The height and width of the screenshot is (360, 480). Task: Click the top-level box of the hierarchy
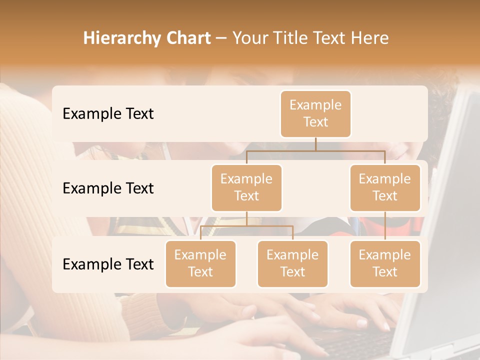(315, 113)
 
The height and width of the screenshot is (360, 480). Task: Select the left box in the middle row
(246, 187)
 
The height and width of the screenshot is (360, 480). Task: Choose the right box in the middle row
(385, 187)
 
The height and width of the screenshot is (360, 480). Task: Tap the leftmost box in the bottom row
(200, 263)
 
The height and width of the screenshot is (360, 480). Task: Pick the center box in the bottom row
(292, 263)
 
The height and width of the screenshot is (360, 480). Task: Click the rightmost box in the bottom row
(385, 263)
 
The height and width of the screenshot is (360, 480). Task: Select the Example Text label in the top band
(108, 114)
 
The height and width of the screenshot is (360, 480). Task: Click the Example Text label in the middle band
(108, 188)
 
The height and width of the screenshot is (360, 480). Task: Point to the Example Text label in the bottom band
(108, 264)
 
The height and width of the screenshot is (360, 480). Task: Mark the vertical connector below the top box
(315, 144)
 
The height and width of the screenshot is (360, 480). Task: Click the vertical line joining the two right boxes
(385, 225)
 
